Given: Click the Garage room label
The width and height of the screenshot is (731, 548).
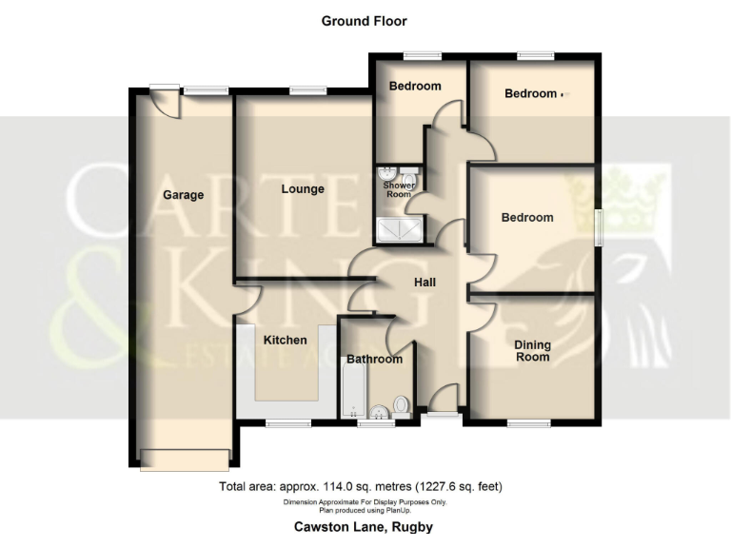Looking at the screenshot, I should [183, 195].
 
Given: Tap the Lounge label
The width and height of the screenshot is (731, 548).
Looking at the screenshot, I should [303, 188].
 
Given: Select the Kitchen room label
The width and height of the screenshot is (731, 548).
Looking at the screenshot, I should [285, 340].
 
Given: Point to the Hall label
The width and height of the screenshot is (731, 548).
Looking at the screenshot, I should [425, 283].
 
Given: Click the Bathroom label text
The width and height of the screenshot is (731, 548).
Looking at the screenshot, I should [374, 360].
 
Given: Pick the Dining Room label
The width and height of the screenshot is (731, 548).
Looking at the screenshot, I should [532, 351].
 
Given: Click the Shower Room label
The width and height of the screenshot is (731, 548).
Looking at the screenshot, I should [399, 190].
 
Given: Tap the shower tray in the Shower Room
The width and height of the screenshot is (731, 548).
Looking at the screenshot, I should [400, 227].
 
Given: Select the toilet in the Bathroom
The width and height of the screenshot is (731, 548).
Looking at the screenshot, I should [401, 406].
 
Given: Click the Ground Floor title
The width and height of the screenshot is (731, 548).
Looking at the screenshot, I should [365, 21].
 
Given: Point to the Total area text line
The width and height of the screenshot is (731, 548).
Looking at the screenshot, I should [361, 487].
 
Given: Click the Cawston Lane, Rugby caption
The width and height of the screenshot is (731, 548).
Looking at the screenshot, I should [365, 526].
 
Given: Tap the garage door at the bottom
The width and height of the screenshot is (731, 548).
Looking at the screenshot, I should [184, 459].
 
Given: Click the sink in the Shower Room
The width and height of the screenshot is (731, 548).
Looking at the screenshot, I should [387, 174].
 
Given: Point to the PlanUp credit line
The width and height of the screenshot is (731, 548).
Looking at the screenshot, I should [365, 508].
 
